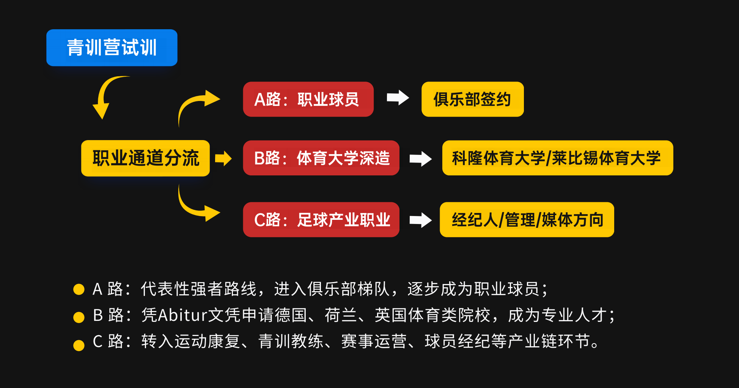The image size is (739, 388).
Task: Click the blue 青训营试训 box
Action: [x=112, y=48]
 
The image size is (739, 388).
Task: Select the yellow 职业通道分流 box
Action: [x=145, y=158]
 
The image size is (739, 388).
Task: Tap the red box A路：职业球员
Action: [x=308, y=99]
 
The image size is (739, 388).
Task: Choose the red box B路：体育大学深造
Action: [x=321, y=158]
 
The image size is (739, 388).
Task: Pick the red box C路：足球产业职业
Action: [x=321, y=220]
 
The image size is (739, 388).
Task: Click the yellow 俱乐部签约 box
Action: [x=472, y=99]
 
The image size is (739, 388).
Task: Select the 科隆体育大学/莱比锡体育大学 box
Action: [x=557, y=158]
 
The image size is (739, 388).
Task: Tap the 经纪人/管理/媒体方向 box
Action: [x=527, y=220]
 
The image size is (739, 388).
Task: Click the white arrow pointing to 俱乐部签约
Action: [x=398, y=98]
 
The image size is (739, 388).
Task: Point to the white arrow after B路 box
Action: [x=420, y=159]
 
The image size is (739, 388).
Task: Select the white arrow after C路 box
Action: [x=420, y=220]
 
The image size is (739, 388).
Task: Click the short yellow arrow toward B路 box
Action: [x=223, y=158]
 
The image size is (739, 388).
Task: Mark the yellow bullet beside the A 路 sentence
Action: [x=79, y=289]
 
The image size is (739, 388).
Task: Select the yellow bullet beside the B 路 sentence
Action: [x=79, y=317]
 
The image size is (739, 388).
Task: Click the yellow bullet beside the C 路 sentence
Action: [x=79, y=345]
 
